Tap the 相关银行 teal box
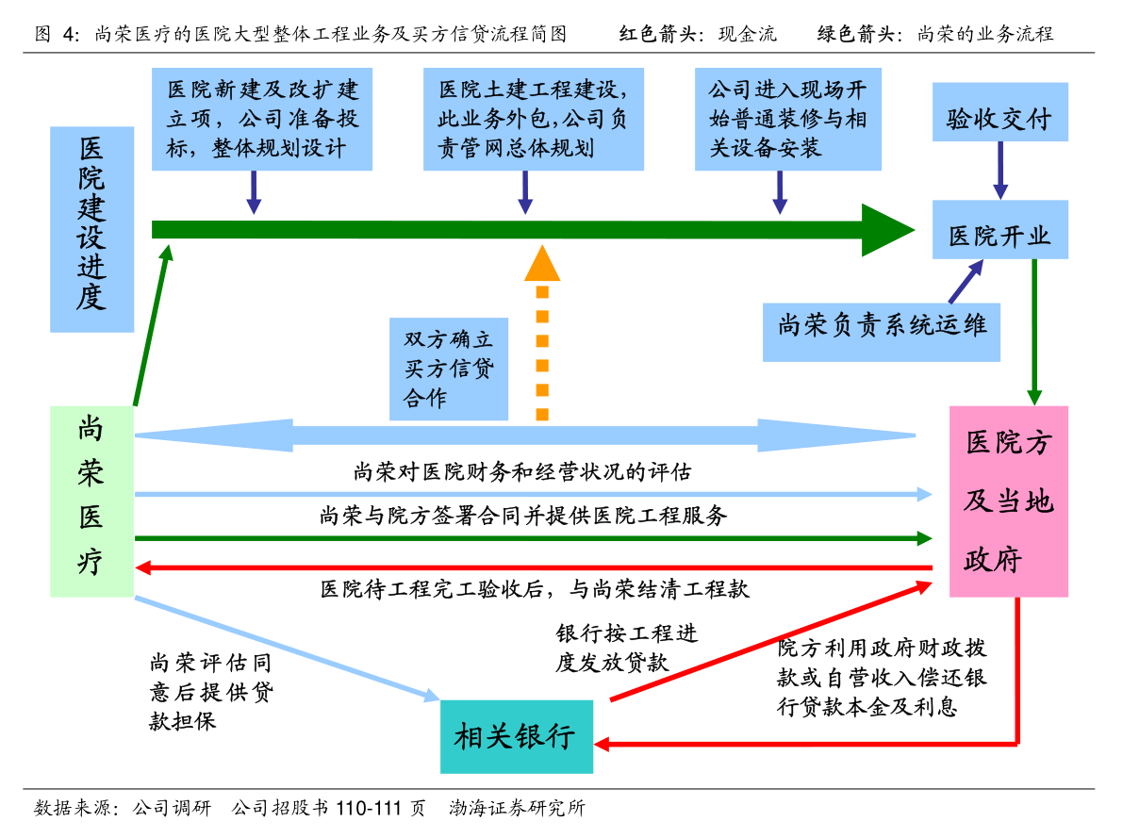[517, 736]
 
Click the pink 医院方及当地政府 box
[1008, 501]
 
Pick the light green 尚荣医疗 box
[91, 501]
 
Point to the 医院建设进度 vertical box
[91, 230]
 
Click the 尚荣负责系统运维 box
[881, 331]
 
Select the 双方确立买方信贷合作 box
[449, 369]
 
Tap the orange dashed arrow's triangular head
[542, 265]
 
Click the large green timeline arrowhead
[884, 230]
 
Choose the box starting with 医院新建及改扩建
[262, 119]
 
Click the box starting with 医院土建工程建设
[534, 119]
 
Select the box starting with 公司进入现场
[788, 119]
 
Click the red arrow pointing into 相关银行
[801, 744]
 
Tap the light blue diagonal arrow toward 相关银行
[283, 648]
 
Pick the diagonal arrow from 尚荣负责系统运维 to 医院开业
[966, 282]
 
